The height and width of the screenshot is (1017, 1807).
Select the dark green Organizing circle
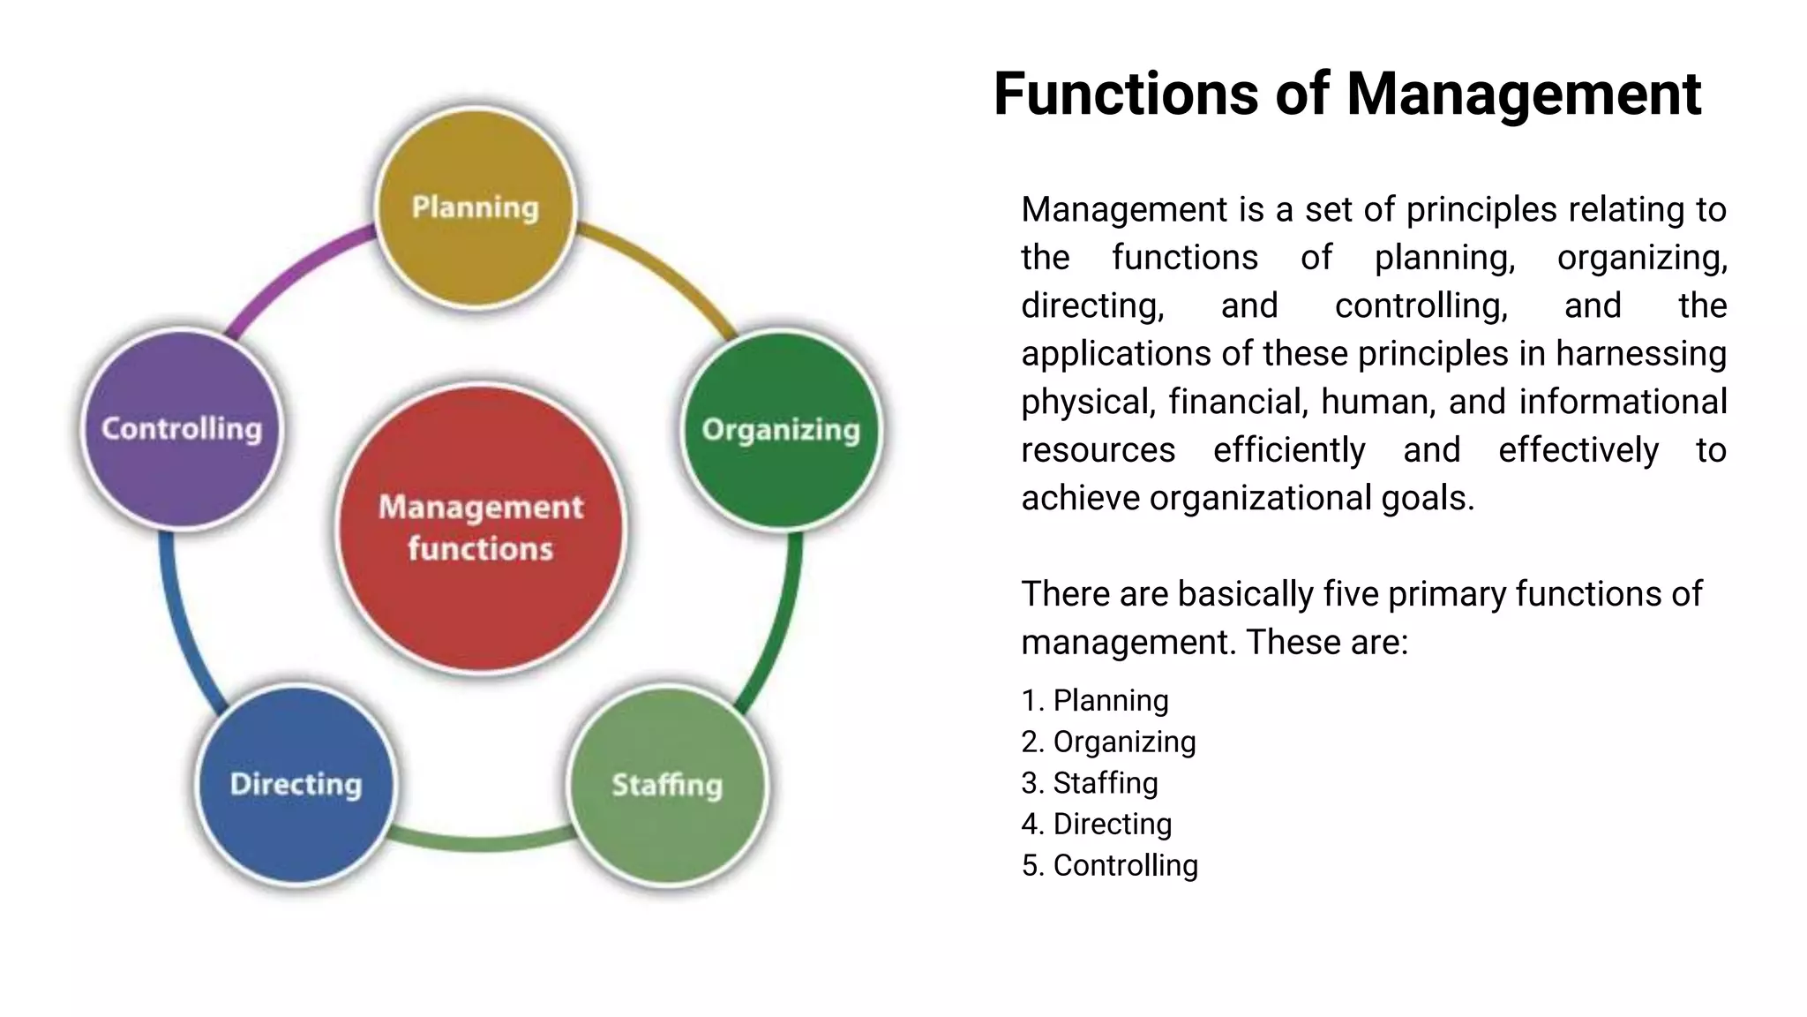[782, 430]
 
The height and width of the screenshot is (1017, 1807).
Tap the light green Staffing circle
[667, 785]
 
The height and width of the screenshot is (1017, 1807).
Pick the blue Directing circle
[296, 784]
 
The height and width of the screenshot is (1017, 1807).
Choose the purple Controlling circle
[182, 429]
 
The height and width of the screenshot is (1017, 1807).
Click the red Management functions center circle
[481, 528]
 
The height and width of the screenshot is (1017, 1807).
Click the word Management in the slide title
[1524, 94]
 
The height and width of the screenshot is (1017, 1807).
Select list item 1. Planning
[1095, 700]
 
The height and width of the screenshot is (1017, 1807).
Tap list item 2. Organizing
[1108, 742]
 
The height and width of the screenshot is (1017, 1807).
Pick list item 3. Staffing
[1090, 783]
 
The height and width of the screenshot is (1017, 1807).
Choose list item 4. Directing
[1097, 824]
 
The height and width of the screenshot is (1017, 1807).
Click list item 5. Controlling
[1109, 865]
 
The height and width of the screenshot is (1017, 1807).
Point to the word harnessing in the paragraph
[1640, 354]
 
